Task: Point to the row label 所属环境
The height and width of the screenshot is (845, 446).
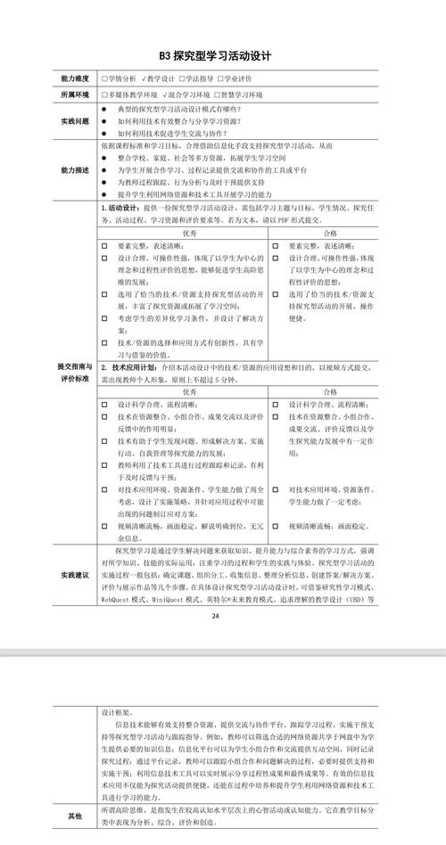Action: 74,94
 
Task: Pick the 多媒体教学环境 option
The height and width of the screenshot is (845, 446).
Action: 131,94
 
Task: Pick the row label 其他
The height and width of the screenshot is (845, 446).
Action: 74,815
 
